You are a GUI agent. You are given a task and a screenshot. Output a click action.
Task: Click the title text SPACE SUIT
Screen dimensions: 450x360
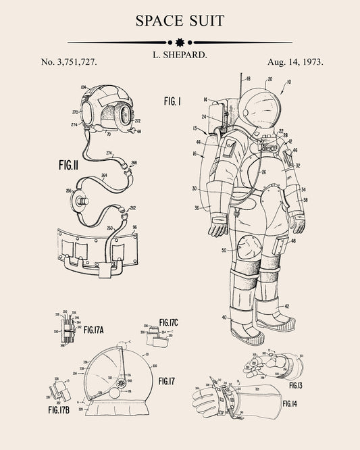tap(180, 20)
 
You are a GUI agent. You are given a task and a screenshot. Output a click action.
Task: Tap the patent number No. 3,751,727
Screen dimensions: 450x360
tap(69, 61)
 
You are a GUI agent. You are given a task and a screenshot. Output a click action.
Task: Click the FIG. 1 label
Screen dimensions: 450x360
tap(173, 101)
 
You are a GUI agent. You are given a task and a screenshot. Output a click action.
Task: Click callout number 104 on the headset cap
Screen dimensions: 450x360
tap(84, 88)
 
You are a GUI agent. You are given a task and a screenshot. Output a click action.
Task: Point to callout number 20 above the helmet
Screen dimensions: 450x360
tap(269, 79)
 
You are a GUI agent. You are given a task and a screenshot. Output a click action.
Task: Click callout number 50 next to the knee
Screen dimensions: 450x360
tap(224, 250)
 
